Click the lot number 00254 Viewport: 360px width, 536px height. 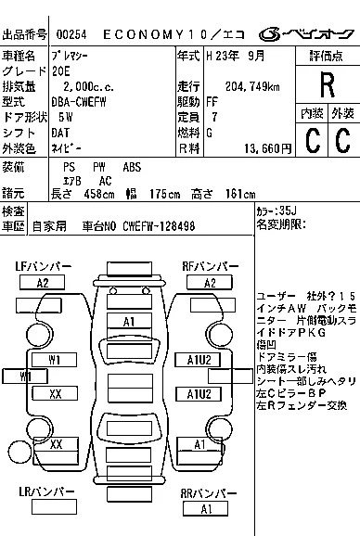[71, 33]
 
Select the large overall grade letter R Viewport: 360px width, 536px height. [326, 86]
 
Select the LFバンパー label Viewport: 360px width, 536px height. [43, 267]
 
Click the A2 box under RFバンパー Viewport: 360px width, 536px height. [210, 283]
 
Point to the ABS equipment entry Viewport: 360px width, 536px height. [134, 167]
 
